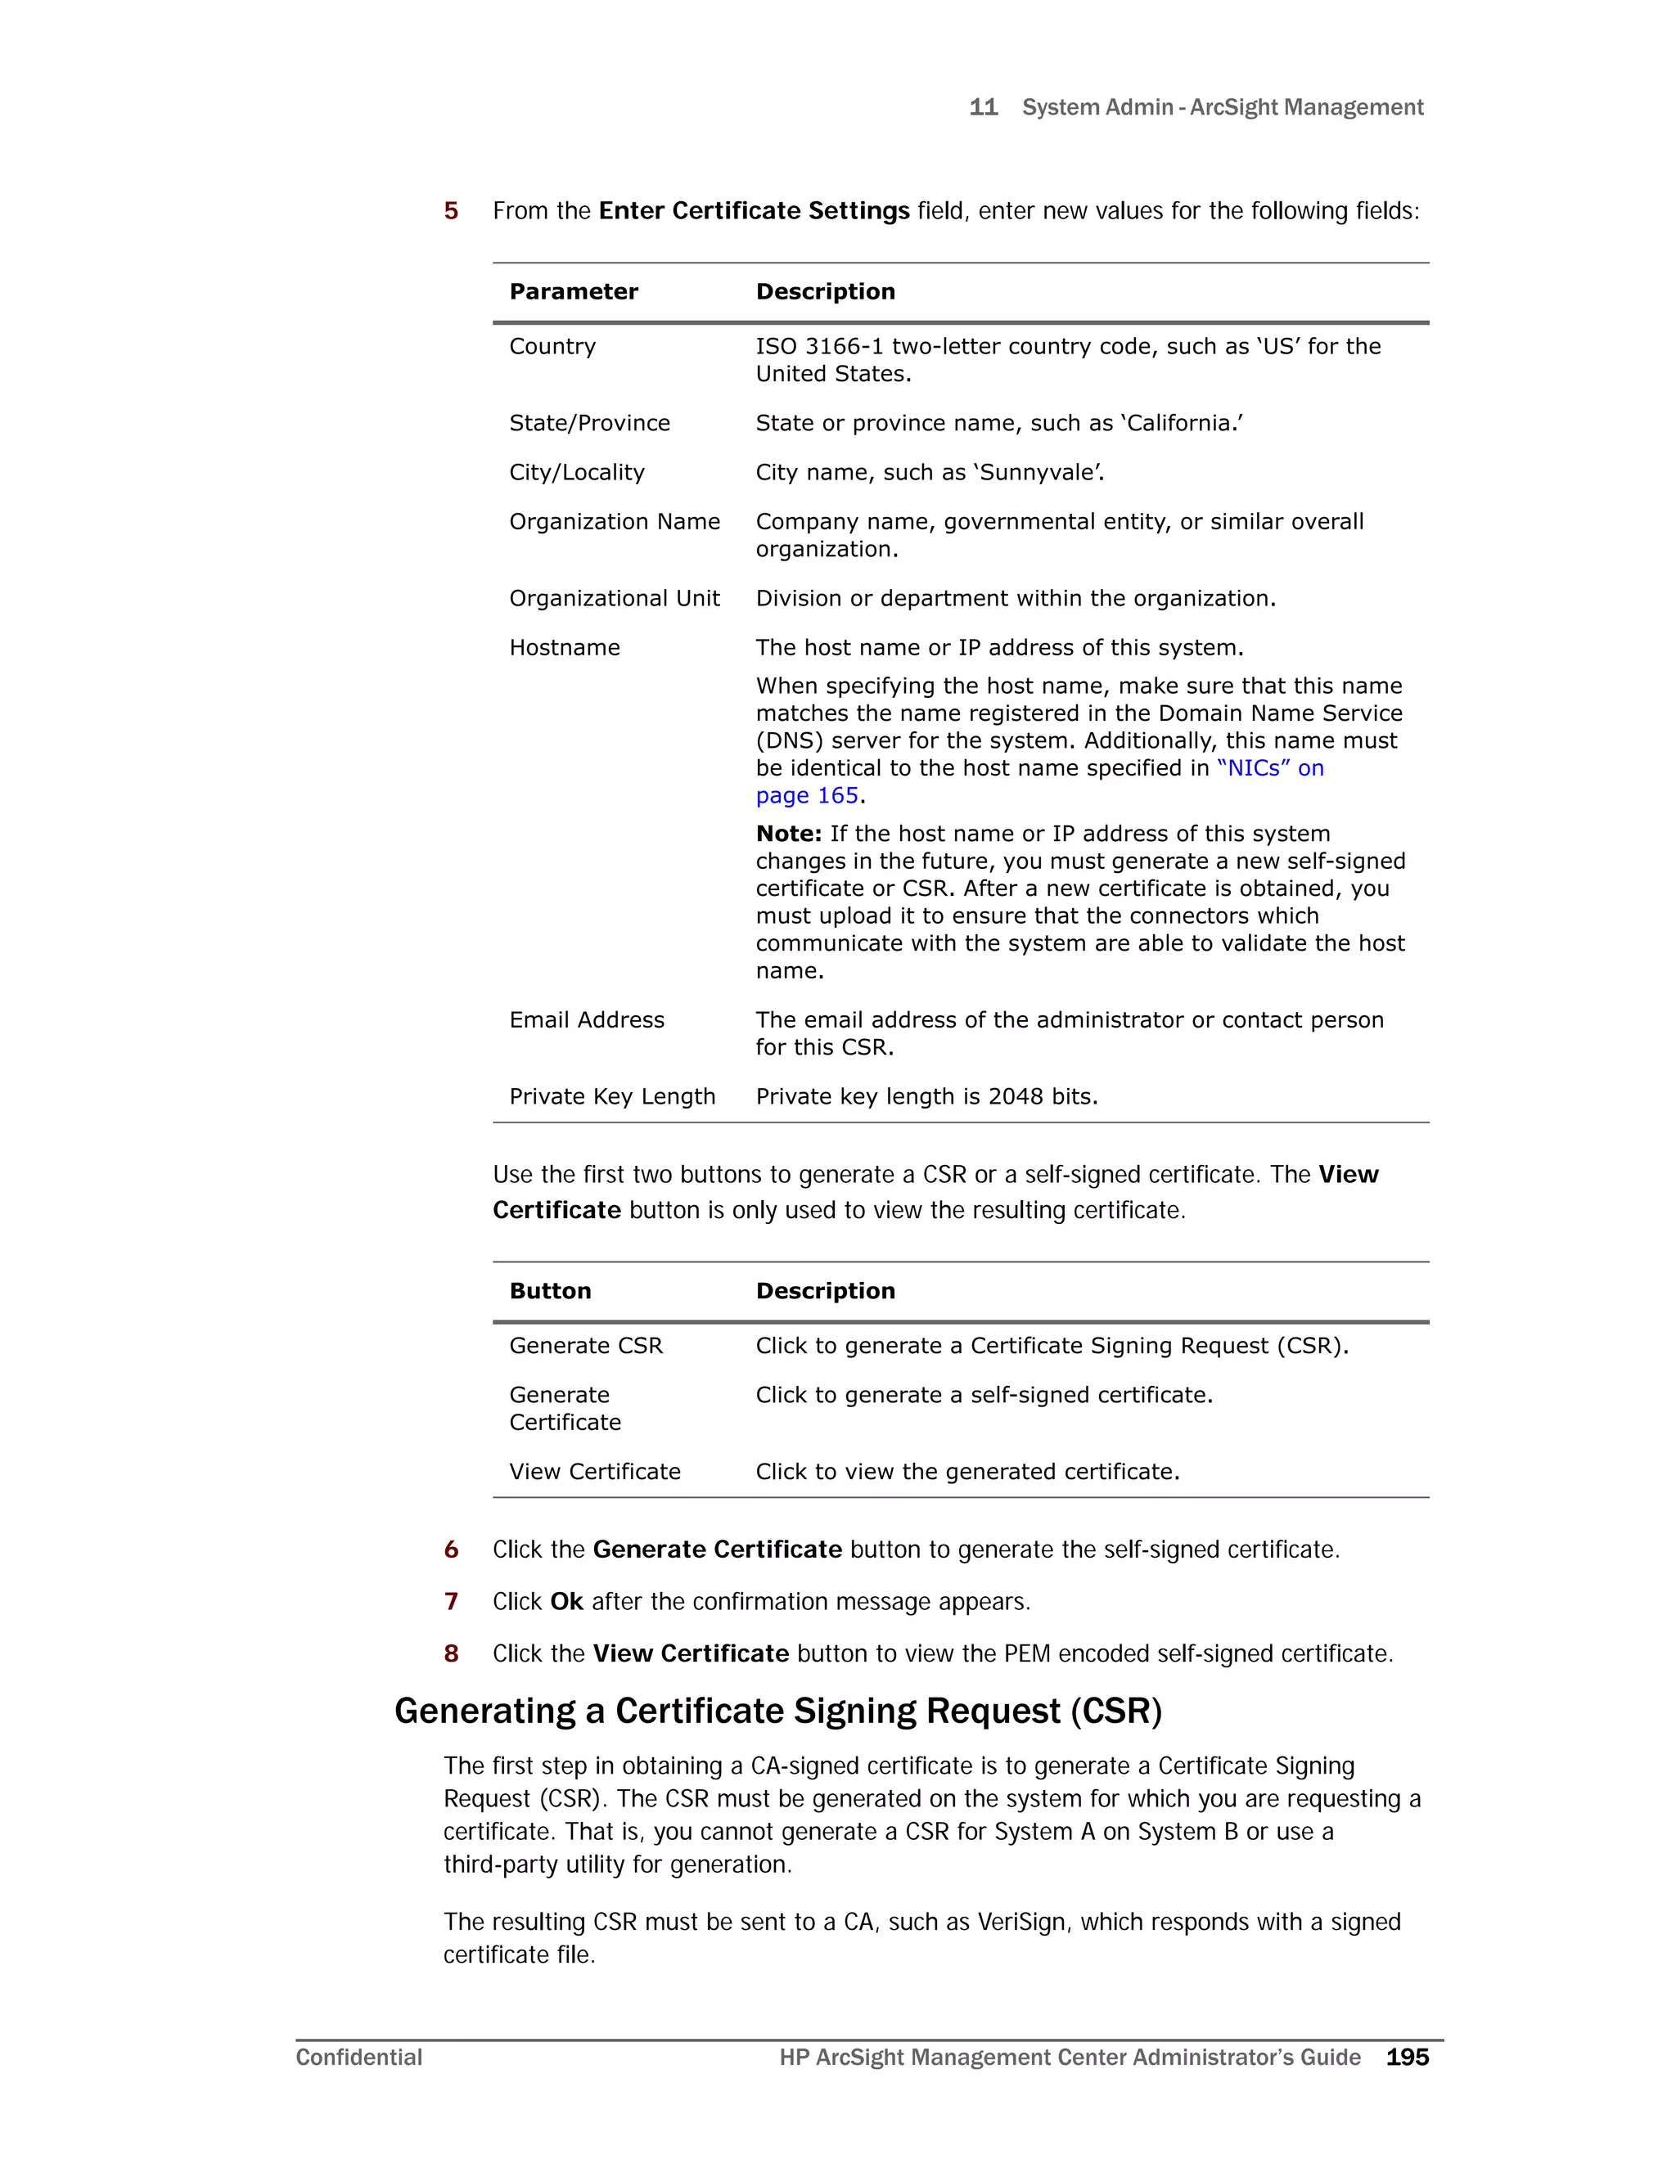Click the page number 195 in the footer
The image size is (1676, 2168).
pyautogui.click(x=1407, y=2057)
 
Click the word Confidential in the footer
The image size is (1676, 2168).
pyautogui.click(x=358, y=2057)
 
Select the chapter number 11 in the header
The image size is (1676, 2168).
pyautogui.click(x=983, y=107)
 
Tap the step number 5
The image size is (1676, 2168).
pyautogui.click(x=451, y=210)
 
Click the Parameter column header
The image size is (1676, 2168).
pyautogui.click(x=573, y=292)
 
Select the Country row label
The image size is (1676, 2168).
pyautogui.click(x=552, y=346)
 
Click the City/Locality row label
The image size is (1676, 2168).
pyautogui.click(x=576, y=473)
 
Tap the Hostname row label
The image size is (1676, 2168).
pyautogui.click(x=564, y=648)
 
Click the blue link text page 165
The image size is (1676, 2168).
pyautogui.click(x=806, y=796)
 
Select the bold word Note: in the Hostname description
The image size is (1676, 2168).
pyautogui.click(x=788, y=834)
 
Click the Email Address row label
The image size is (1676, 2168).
pyautogui.click(x=586, y=1020)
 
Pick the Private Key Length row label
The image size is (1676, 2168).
pyautogui.click(x=611, y=1097)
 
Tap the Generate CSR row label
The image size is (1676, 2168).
pyautogui.click(x=585, y=1346)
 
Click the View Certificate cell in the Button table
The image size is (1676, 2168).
pyautogui.click(x=595, y=1472)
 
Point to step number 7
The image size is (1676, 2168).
pyautogui.click(x=451, y=1601)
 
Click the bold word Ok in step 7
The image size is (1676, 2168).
pyautogui.click(x=566, y=1601)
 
